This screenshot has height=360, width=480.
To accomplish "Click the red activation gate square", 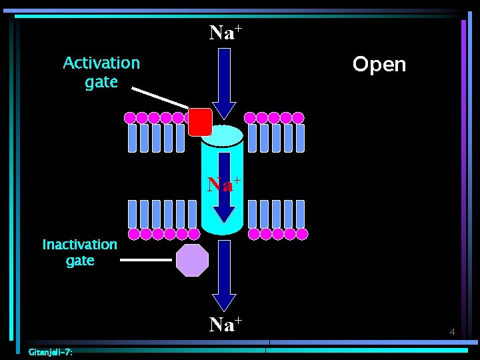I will pyautogui.click(x=200, y=122).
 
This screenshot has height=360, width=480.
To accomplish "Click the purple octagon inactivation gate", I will pyautogui.click(x=192, y=260).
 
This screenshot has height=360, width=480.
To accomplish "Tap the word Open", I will pyautogui.click(x=379, y=65).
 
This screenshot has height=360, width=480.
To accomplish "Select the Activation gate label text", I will pyautogui.click(x=101, y=73).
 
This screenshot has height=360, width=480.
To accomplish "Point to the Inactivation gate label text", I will pyautogui.click(x=80, y=253).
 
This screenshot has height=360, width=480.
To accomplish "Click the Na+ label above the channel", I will pyautogui.click(x=225, y=32).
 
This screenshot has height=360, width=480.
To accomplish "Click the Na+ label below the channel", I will pyautogui.click(x=225, y=324).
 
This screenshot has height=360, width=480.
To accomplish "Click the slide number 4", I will pyautogui.click(x=452, y=332).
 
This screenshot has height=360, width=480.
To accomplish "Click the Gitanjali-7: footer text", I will pyautogui.click(x=51, y=352).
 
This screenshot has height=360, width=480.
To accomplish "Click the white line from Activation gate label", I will pyautogui.click(x=160, y=98).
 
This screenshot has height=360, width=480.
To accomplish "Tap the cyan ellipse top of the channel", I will pyautogui.click(x=223, y=135).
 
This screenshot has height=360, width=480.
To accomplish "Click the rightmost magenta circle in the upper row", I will pyautogui.click(x=299, y=118).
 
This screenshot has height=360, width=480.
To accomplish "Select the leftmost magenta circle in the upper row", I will pyautogui.click(x=131, y=118).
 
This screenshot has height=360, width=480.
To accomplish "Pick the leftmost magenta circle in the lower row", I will pyautogui.click(x=133, y=234).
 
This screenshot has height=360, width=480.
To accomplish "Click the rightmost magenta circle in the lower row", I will pyautogui.click(x=302, y=234).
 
